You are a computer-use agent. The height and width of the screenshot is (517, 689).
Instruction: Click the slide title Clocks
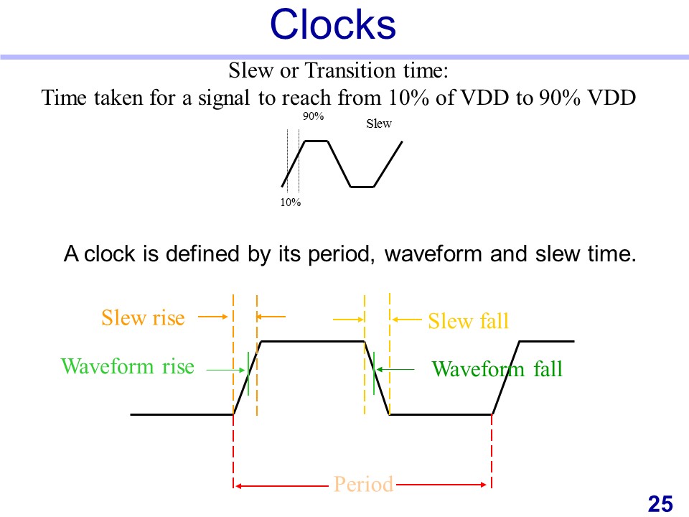tap(332, 24)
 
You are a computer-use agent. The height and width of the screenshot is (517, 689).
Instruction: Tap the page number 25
tap(660, 504)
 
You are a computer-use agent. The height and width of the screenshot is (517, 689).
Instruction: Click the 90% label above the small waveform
tap(314, 116)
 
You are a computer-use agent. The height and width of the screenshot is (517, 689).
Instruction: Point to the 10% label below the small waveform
tap(291, 202)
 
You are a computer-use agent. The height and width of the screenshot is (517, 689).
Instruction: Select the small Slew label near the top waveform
tap(379, 124)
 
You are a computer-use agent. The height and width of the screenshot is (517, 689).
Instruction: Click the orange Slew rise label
tap(143, 317)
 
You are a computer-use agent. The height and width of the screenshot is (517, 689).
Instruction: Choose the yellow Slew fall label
tap(469, 320)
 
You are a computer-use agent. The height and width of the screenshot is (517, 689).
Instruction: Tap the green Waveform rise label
tap(128, 366)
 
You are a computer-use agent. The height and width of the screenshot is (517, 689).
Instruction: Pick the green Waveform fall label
tap(497, 368)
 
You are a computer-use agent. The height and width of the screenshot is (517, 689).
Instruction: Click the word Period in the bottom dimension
tap(363, 484)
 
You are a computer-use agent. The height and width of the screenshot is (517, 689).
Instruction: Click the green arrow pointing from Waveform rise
tap(225, 371)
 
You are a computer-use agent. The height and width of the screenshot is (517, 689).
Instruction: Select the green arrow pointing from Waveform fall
tap(395, 370)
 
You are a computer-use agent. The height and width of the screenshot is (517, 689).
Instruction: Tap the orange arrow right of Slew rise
tap(212, 317)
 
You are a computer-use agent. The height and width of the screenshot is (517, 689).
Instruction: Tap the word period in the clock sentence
tap(341, 255)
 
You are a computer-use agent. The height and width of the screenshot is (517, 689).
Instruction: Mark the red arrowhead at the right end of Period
tap(484, 485)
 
